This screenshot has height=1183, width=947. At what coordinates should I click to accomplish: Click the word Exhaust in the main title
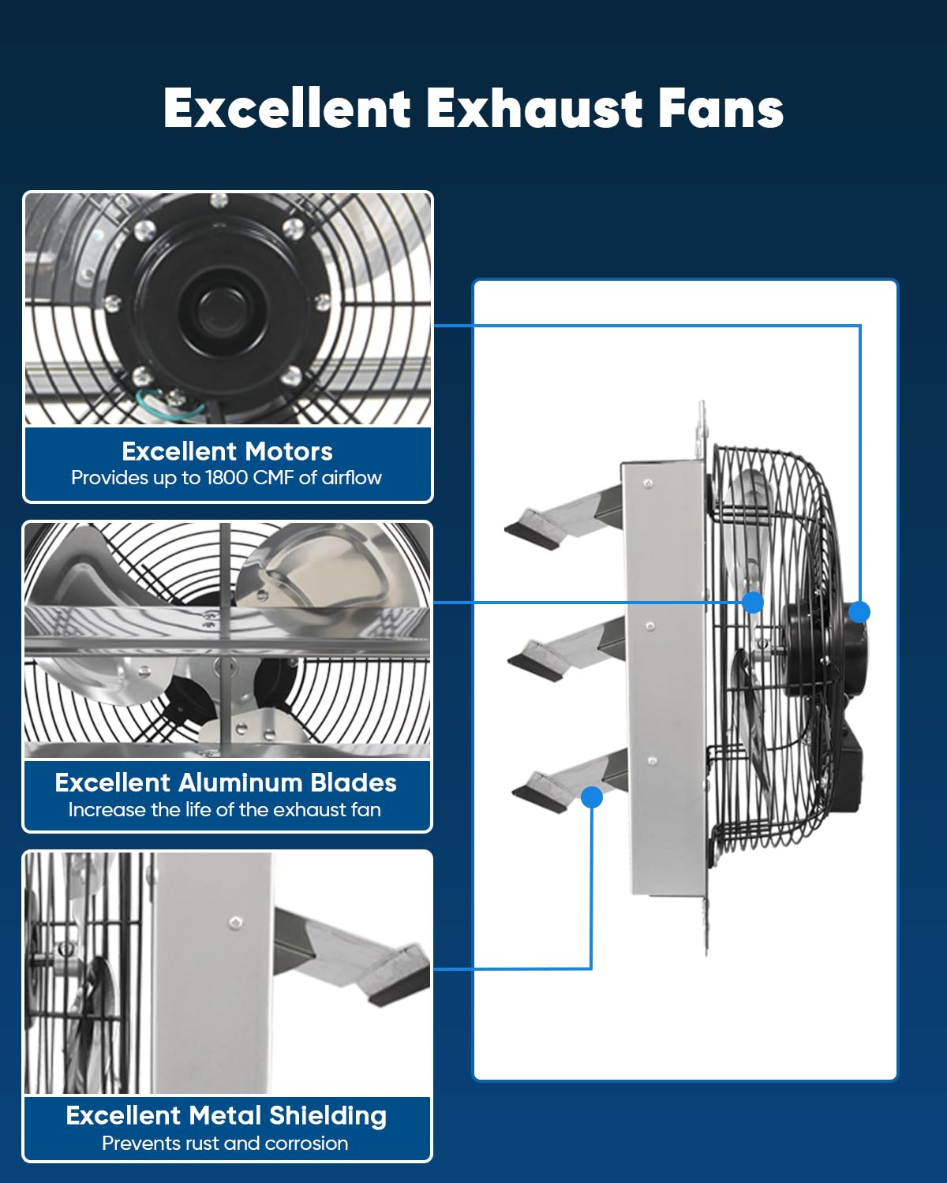[533, 108]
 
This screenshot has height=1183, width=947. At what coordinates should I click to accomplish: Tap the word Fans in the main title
[721, 108]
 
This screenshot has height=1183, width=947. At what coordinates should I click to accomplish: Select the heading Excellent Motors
[227, 451]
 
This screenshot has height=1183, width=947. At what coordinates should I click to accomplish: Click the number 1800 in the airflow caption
[226, 478]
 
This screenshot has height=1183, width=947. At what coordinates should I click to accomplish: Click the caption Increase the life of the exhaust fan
[224, 810]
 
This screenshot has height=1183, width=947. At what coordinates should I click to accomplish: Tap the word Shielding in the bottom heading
[328, 1116]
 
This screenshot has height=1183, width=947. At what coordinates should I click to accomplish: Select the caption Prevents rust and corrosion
[225, 1144]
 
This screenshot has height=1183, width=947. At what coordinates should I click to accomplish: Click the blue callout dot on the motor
[859, 612]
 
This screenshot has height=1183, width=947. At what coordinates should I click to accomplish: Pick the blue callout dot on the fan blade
[752, 602]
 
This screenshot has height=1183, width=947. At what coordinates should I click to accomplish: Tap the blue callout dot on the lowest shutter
[592, 797]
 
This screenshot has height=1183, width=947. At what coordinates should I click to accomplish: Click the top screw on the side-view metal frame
[649, 483]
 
